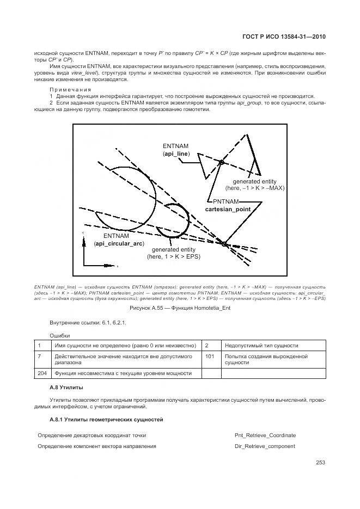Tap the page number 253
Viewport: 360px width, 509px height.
[320, 463]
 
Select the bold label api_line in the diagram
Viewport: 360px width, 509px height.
[176, 155]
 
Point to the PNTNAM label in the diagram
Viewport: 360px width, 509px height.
[226, 201]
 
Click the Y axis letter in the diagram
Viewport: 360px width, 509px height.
[83, 233]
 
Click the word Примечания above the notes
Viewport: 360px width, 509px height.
[70, 89]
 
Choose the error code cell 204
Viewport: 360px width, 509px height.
[41, 373]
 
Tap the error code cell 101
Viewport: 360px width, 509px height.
[210, 356]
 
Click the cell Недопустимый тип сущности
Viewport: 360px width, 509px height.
[261, 345]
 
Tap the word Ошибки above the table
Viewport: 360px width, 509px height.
[60, 336]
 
